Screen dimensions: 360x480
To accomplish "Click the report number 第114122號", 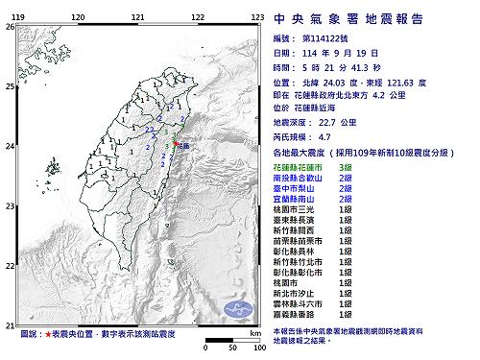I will coord(334,33).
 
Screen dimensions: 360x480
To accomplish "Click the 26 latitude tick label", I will coord(9,27).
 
